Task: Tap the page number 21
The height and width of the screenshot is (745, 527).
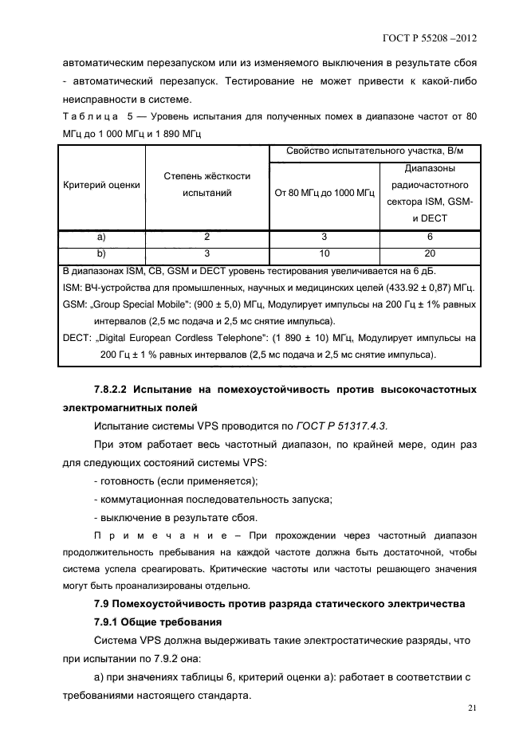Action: [472, 708]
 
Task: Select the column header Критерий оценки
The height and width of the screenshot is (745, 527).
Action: [101, 185]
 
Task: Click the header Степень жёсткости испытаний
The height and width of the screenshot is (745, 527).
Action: [206, 185]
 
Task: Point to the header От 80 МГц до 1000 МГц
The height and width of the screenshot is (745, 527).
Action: [324, 193]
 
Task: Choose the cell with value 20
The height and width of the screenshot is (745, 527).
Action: [430, 253]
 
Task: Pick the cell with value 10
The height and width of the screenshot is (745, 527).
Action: [324, 253]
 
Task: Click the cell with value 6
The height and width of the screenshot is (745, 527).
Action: [430, 237]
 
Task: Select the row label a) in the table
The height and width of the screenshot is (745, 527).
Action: [101, 237]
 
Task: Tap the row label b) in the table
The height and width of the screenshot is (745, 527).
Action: [101, 253]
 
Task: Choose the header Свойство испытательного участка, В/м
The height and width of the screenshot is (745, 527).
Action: [374, 152]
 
